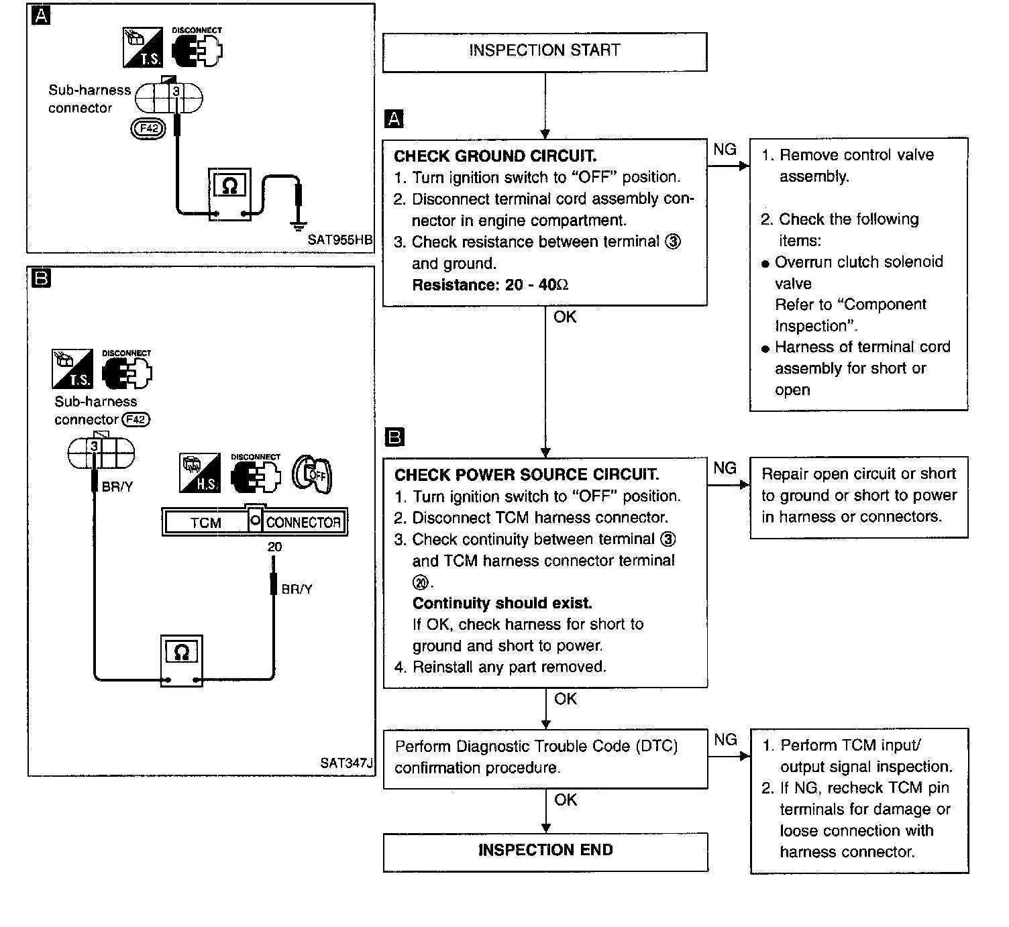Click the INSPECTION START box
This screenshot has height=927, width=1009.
point(544,51)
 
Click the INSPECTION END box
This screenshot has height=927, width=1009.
point(545,851)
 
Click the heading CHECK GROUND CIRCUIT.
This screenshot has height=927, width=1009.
point(494,156)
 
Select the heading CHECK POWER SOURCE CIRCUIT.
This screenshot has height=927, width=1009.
point(526,475)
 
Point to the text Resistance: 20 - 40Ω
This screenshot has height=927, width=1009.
point(490,285)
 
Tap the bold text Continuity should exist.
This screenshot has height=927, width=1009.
point(502,603)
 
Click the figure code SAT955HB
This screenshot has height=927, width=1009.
point(340,239)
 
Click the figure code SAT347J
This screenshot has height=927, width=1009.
point(346,763)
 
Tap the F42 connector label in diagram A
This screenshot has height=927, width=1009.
point(148,129)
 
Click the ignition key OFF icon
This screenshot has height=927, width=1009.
point(313,476)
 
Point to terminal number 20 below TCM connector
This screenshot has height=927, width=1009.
point(274,547)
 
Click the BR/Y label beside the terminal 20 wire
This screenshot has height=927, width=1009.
point(297,590)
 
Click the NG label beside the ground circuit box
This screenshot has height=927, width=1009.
point(725,150)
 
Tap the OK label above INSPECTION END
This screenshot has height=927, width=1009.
point(566,800)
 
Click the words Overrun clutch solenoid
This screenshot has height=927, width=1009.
point(859,262)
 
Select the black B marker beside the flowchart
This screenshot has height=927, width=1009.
point(394,437)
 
